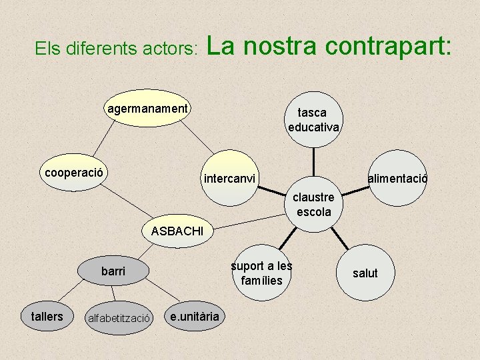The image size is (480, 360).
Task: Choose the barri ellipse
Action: (x=113, y=271)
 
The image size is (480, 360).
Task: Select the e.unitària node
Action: (x=194, y=316)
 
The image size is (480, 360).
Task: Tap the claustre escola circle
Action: (x=313, y=205)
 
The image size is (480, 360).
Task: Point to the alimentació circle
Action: (x=398, y=179)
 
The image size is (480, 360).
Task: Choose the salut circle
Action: (x=365, y=273)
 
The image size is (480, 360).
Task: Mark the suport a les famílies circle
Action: (x=262, y=273)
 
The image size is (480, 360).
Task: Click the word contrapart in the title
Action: (x=389, y=47)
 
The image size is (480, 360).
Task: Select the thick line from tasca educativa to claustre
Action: (x=314, y=163)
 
